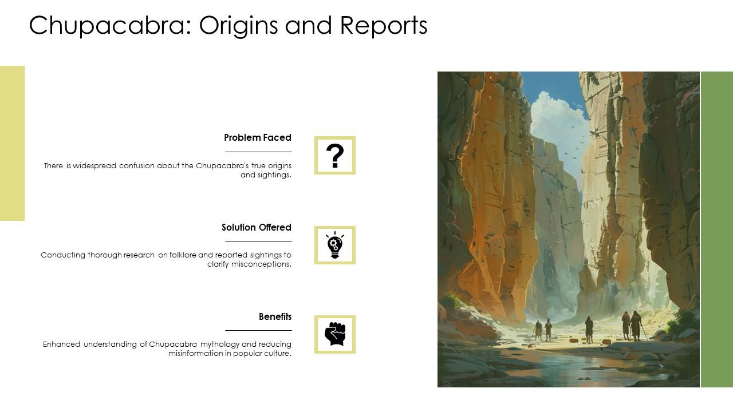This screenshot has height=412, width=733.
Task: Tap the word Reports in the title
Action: [384, 26]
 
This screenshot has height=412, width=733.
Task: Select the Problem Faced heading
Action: [258, 137]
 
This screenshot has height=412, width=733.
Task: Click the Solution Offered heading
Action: [257, 227]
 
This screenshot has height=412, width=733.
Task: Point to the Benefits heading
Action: [275, 316]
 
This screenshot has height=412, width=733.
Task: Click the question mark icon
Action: [335, 155]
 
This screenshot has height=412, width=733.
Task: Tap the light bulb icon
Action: [335, 245]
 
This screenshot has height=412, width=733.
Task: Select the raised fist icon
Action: [335, 334]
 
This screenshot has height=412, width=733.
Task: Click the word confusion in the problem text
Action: [137, 166]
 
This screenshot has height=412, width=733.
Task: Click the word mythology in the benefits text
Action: [220, 344]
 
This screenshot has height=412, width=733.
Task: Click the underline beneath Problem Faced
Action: [258, 152]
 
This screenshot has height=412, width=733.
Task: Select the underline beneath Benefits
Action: [258, 330]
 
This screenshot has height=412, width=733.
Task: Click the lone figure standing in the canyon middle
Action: [589, 329]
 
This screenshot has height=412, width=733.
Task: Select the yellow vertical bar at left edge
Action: [12, 143]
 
